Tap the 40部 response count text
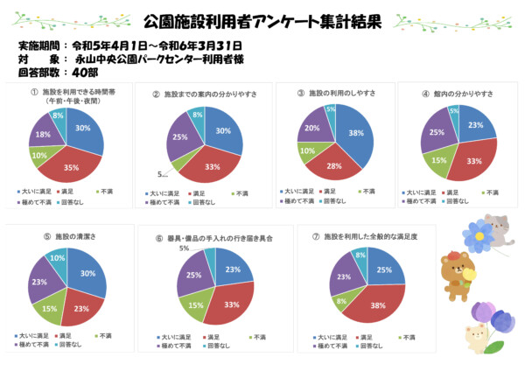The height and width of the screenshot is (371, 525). click(87, 72)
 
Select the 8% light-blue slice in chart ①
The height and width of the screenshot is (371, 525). click(58, 115)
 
